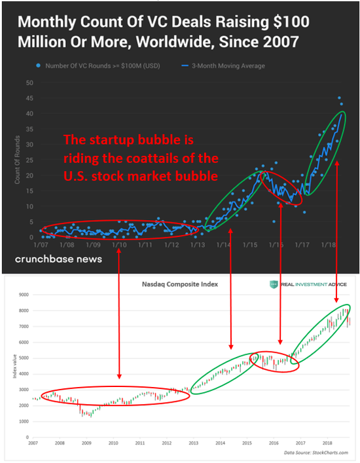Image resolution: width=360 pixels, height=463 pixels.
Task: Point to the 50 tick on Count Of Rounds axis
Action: pyautogui.click(x=29, y=83)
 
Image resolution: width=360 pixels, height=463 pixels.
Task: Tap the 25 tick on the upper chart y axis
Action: pyautogui.click(x=29, y=160)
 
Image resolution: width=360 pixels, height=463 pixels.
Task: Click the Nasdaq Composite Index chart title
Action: pyautogui.click(x=179, y=284)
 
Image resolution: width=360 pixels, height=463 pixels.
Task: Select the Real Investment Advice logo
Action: pyautogui.click(x=308, y=284)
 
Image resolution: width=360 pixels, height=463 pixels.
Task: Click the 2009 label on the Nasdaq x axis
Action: pyautogui.click(x=86, y=443)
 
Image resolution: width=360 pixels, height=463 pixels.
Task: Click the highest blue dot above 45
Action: pyautogui.click(x=339, y=98)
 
